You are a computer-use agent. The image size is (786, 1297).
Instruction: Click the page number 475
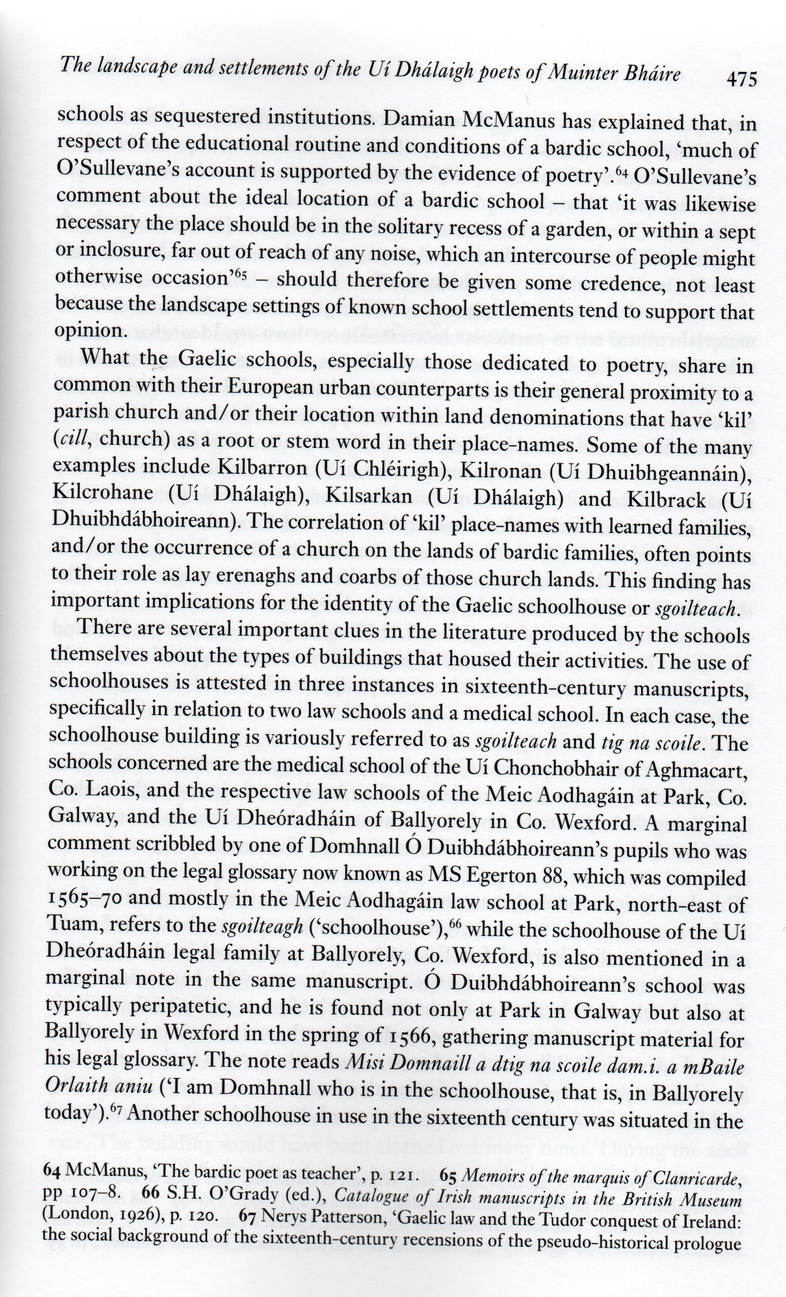pyautogui.click(x=742, y=79)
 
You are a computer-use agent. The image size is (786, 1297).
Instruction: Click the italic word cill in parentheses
pyautogui.click(x=71, y=439)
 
